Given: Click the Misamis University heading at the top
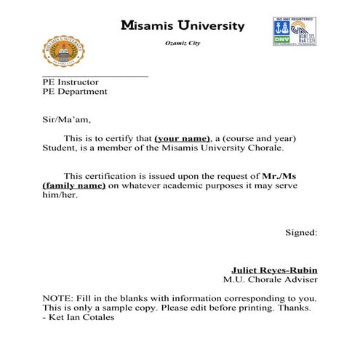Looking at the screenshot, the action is point(183,26).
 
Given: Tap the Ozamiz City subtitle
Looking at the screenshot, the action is point(183,44).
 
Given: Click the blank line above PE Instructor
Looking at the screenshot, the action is point(95,76).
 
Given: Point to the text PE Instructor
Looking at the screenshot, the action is point(71,83).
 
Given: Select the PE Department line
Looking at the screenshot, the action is point(75,92).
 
